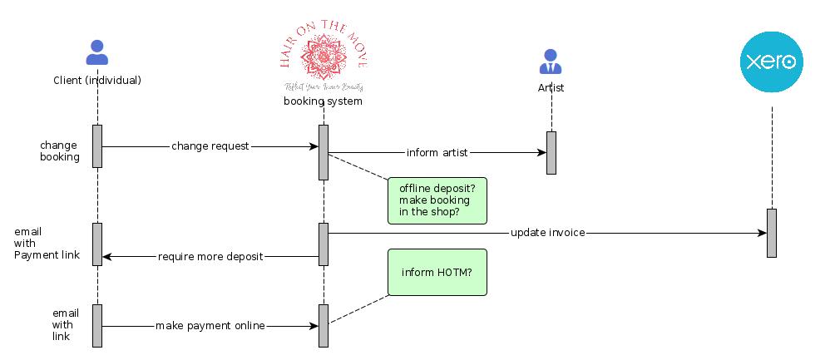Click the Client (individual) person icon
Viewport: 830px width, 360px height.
97,53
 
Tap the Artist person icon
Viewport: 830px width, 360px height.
550,62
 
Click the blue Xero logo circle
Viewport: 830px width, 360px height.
772,62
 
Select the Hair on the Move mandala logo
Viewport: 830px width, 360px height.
323,54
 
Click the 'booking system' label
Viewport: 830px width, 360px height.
323,101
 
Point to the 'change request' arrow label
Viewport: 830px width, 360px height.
210,146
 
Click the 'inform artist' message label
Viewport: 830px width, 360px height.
437,153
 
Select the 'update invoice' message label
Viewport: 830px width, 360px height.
548,233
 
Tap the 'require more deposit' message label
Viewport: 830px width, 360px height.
210,257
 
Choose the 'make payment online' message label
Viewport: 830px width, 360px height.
210,326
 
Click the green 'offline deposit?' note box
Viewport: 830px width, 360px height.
437,200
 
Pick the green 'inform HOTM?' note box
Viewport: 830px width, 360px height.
437,272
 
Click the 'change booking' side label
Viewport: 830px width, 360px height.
60,150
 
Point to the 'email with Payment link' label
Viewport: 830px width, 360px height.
47,244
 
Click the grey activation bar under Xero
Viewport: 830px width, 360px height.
772,233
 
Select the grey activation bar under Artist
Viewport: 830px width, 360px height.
551,153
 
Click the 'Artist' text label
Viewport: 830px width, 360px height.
551,87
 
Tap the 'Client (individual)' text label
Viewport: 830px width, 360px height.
97,81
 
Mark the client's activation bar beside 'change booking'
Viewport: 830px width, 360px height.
97,146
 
